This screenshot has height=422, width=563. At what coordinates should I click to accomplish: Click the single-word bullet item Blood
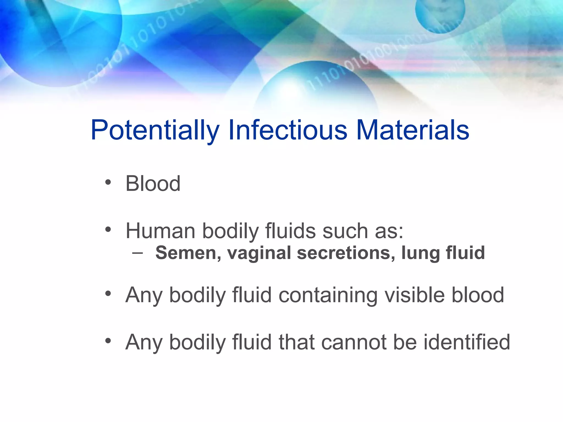[x=153, y=184]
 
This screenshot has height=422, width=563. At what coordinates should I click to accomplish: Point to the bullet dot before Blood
[x=108, y=182]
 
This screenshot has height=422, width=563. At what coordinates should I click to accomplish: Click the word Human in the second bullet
[x=160, y=231]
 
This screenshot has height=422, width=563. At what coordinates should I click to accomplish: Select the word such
[x=345, y=231]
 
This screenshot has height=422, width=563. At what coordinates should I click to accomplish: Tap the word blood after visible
[x=478, y=295]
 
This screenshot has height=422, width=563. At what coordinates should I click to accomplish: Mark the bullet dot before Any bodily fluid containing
[x=108, y=293]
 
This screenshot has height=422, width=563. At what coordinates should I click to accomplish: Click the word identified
[x=467, y=342]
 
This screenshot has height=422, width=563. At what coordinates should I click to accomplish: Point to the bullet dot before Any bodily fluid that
[x=108, y=341]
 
